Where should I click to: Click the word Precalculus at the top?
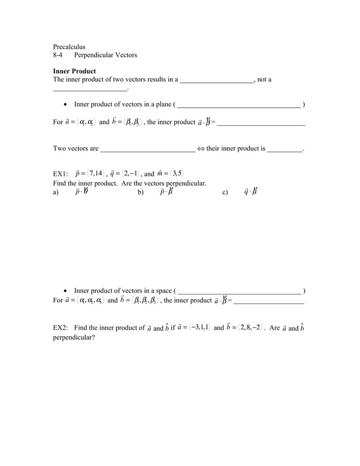coord(69,46)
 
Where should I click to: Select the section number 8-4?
coord(58,55)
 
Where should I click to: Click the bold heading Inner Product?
coord(74,71)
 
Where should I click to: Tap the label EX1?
coord(60,173)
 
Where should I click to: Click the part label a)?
coord(56,192)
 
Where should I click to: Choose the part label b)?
coord(141,192)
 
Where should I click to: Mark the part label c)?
coord(225,192)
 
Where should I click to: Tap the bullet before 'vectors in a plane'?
coord(67,104)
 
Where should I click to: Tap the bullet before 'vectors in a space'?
coord(67,291)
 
